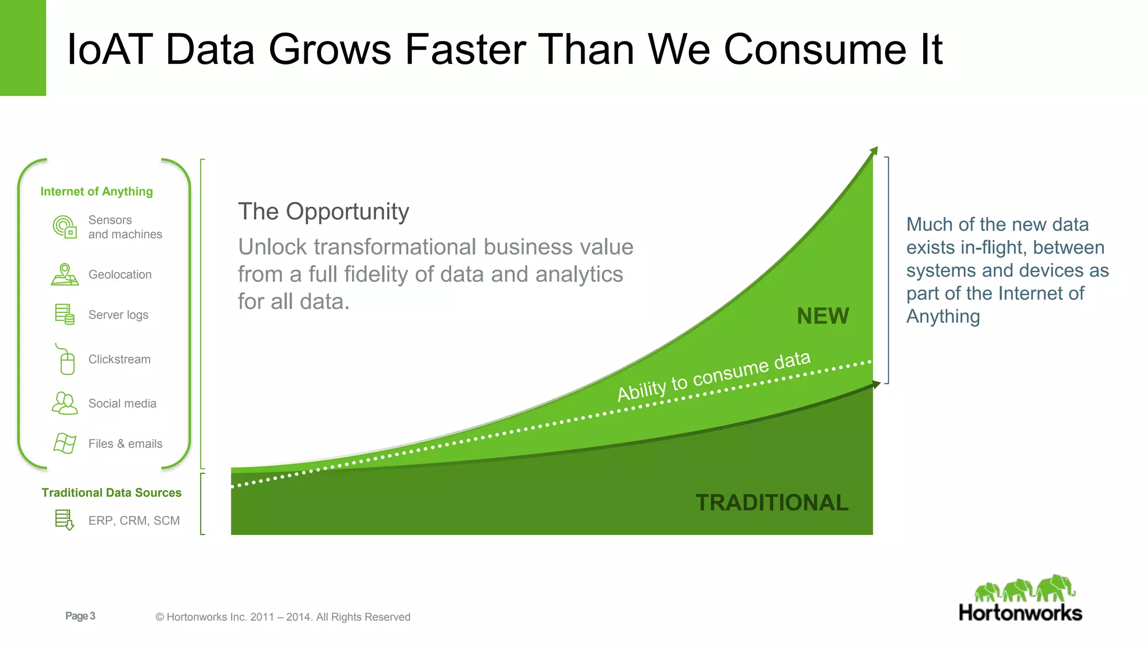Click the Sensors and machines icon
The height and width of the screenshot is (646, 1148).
pos(64,227)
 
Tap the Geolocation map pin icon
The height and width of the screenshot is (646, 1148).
pos(64,274)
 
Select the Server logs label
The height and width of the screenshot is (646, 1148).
pos(118,315)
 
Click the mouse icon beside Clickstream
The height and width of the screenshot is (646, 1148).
pos(66,359)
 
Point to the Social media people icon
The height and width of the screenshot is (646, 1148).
pos(64,403)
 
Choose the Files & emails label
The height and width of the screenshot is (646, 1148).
pos(125,444)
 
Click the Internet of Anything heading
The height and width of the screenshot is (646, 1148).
pos(96,191)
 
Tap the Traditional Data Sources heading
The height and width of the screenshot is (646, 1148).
pos(112,492)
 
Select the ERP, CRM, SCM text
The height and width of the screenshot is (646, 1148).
pos(134,520)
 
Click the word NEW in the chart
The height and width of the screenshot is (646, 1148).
pos(822,316)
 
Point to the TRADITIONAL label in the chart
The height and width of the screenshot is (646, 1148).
pos(771,502)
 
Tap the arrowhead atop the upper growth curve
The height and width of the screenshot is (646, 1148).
pos(873,151)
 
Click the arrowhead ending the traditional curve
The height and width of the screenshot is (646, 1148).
pos(876,385)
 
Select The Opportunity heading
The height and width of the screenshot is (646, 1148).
pos(323,211)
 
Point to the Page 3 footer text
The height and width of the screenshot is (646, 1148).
pos(80,616)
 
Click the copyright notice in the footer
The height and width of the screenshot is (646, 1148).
pos(283,617)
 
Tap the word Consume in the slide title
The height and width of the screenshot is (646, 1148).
pos(815,49)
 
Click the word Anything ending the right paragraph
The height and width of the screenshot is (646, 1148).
pos(943,316)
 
